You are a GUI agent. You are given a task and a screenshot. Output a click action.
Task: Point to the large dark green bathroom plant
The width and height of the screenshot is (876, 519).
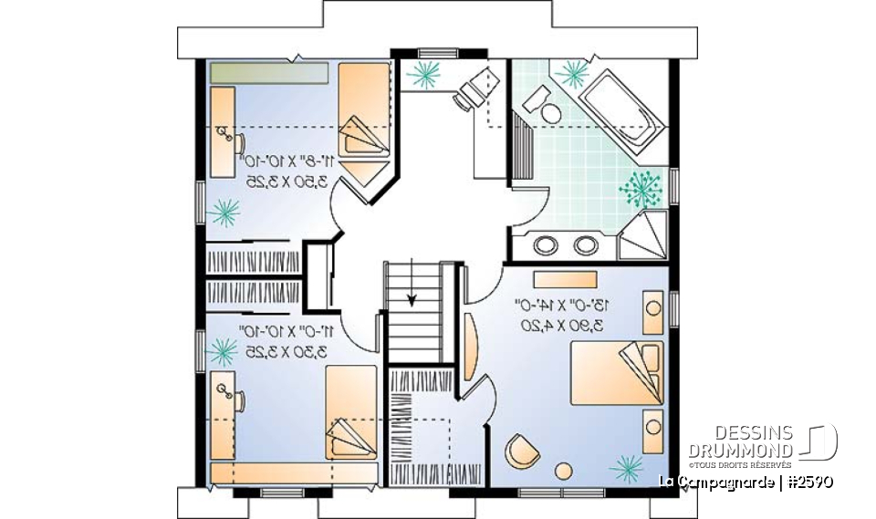tap(641, 189)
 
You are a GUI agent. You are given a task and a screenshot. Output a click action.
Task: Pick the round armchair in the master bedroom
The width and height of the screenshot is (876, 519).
tap(521, 450)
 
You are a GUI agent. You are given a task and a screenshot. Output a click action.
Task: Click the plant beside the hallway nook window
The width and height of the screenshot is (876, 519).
tap(422, 75)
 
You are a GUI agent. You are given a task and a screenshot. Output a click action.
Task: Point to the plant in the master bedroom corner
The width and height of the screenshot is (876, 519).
tap(626, 467)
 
